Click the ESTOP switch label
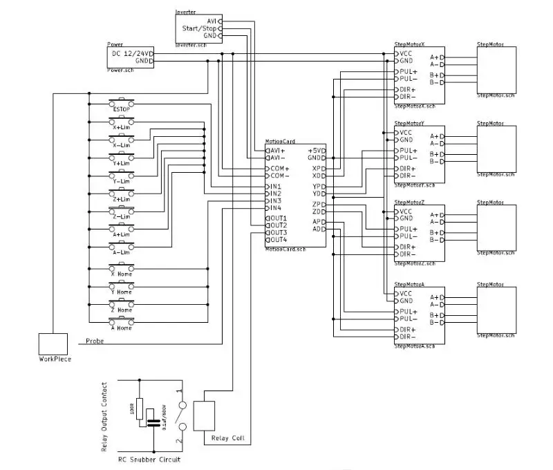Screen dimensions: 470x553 (121, 109)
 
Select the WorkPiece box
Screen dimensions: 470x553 (54, 344)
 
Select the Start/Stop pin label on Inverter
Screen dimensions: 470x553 (199, 28)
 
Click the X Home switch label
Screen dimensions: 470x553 (121, 274)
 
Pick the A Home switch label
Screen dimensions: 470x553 (121, 328)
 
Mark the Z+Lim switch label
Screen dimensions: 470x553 (121, 199)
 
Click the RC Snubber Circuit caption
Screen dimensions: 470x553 (150, 459)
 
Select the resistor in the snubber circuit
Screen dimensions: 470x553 (140, 409)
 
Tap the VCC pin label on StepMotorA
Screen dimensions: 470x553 (406, 293)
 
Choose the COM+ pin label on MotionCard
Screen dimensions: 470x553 (279, 168)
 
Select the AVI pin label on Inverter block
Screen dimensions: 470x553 (211, 21)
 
